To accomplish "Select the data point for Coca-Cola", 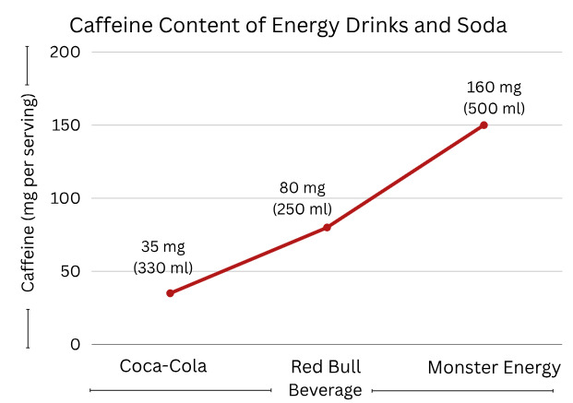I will click(170, 293).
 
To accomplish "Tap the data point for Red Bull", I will click(327, 227).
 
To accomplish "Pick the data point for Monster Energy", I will click(483, 124).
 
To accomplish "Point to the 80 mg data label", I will click(302, 188).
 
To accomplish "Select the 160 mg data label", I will click(494, 88).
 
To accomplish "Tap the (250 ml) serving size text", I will click(302, 208).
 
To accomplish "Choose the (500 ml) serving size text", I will click(494, 108).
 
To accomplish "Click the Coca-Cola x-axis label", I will click(163, 367).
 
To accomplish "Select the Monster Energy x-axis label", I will click(494, 368).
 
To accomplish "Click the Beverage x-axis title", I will click(325, 390).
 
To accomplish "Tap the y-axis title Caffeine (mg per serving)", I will click(29, 192).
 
